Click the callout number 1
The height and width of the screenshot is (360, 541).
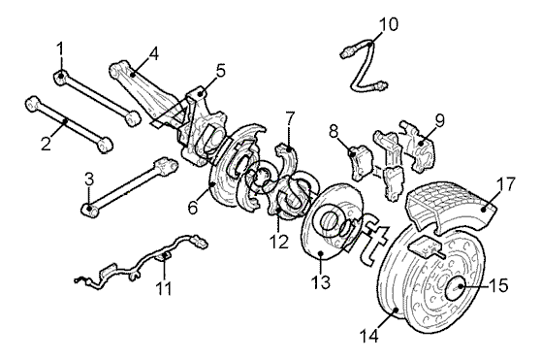(x=60, y=49)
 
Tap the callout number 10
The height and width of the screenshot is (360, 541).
(x=389, y=24)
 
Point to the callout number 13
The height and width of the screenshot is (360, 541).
(x=321, y=281)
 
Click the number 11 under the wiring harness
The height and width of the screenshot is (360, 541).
(x=164, y=288)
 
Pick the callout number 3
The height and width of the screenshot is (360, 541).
(x=89, y=180)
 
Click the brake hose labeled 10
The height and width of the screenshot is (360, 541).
(x=365, y=66)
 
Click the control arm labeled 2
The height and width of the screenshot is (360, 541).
(x=69, y=123)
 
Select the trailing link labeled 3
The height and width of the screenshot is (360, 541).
(x=130, y=186)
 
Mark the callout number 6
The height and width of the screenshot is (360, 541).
(x=193, y=208)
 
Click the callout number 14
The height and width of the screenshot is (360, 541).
(x=368, y=336)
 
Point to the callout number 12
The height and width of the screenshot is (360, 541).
(x=279, y=242)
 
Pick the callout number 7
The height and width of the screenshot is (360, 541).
(x=290, y=118)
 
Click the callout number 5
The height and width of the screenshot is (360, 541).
(x=220, y=71)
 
